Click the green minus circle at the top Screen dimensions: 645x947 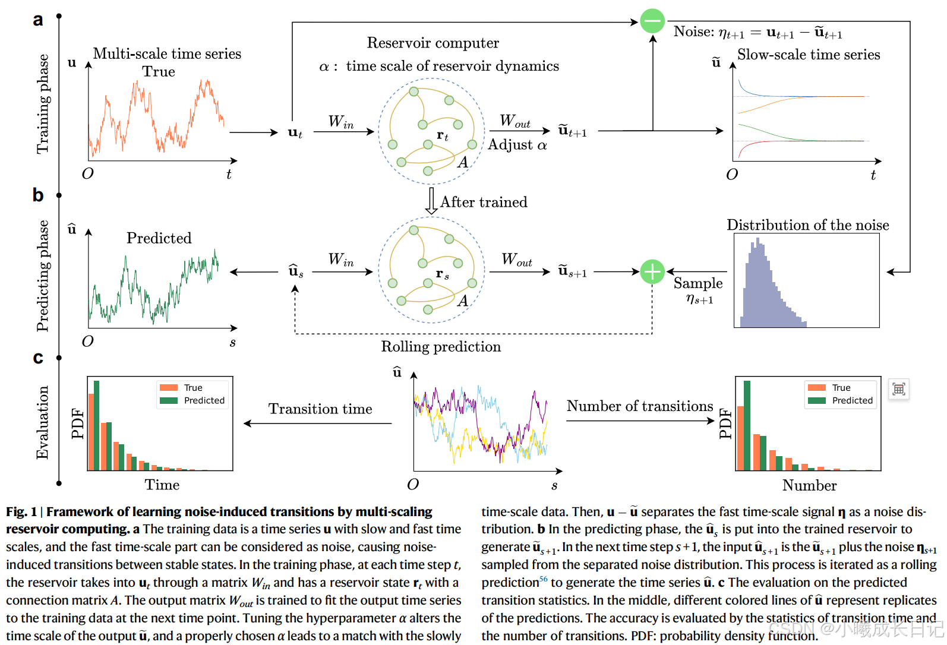click(652, 21)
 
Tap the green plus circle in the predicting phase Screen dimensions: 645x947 click(652, 272)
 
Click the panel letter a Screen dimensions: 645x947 click(38, 20)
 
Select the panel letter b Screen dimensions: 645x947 click(38, 195)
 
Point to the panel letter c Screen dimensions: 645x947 click(38, 358)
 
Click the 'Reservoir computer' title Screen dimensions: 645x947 click(433, 43)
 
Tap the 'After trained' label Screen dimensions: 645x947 click(483, 202)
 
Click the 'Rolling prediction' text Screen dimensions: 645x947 click(441, 347)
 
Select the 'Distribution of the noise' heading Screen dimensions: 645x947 click(807, 225)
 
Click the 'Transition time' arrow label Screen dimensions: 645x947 click(320, 409)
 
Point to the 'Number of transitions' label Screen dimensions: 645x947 click(639, 406)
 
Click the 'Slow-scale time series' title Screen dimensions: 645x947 click(808, 55)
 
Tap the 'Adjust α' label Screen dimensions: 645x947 click(517, 145)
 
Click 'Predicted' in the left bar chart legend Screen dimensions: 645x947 click(204, 400)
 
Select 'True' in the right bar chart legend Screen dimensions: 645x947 click(841, 387)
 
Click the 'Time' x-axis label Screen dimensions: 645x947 click(162, 485)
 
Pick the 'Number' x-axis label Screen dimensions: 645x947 click(809, 485)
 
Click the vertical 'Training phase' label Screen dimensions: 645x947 click(43, 104)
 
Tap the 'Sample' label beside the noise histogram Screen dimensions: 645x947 click(698, 283)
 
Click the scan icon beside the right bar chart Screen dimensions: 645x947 click(898, 389)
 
